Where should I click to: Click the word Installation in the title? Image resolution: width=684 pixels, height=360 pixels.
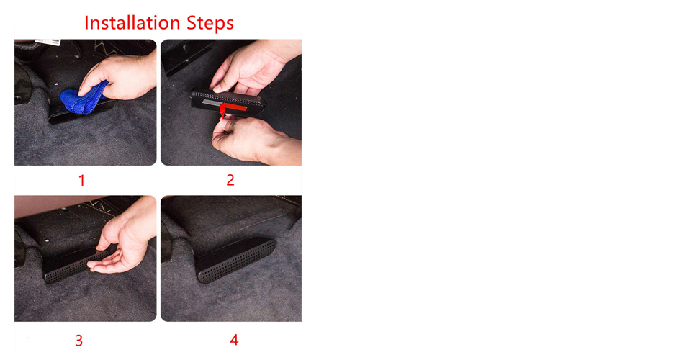point(132,23)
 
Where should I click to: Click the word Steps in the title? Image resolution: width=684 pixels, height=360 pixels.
point(210,24)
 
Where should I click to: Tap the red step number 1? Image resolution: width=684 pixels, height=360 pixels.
point(81,180)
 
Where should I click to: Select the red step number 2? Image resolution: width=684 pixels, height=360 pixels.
point(230,180)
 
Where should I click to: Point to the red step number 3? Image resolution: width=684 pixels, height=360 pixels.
point(79,341)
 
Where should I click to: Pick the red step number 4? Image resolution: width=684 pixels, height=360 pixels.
point(234,340)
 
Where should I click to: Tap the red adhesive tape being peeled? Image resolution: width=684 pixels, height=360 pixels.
point(231,108)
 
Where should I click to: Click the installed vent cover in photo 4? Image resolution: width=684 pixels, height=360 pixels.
point(235,260)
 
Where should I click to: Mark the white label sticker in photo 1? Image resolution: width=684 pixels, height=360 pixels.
point(48,42)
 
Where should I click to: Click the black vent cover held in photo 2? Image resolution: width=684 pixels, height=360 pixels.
point(228,104)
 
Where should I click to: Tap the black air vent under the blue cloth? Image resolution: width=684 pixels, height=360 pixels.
point(83,112)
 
